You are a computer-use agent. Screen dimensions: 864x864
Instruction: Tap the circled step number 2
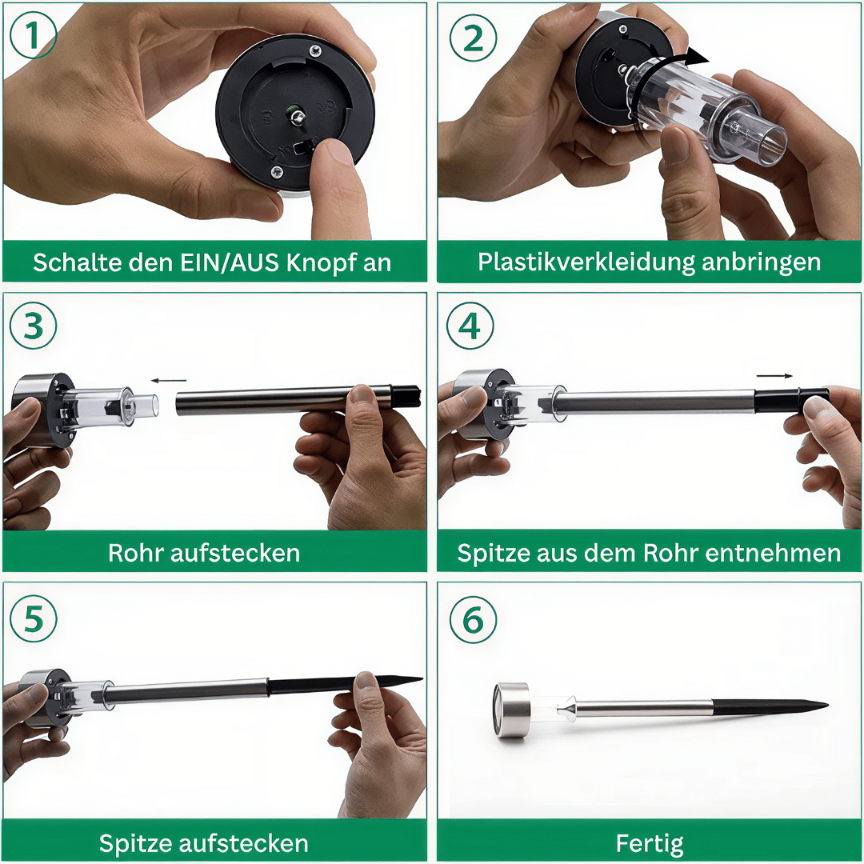click(x=473, y=38)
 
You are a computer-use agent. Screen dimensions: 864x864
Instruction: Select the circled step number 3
click(x=34, y=326)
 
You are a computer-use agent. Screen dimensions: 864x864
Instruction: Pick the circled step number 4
click(x=470, y=326)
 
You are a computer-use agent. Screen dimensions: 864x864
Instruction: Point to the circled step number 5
click(x=34, y=617)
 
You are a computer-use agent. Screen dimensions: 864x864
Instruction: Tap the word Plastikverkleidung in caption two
click(x=587, y=262)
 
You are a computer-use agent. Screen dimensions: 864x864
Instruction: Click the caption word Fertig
click(x=650, y=842)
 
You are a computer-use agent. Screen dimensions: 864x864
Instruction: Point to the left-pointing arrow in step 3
click(x=169, y=381)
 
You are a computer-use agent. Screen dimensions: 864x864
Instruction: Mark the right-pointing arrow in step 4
click(x=774, y=375)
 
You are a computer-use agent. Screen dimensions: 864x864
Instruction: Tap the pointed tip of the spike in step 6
click(x=824, y=706)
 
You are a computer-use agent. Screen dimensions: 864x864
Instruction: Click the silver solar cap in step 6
click(x=512, y=710)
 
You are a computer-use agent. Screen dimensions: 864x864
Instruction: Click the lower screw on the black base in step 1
click(x=277, y=170)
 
